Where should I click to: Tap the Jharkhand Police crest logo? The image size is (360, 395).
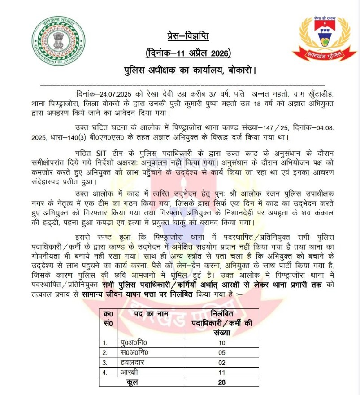coord(321,38)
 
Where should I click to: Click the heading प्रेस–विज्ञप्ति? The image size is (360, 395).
coord(185,36)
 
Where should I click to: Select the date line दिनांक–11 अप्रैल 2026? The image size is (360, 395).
coord(188,54)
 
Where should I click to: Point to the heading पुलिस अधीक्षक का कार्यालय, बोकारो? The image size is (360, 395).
coord(190,71)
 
